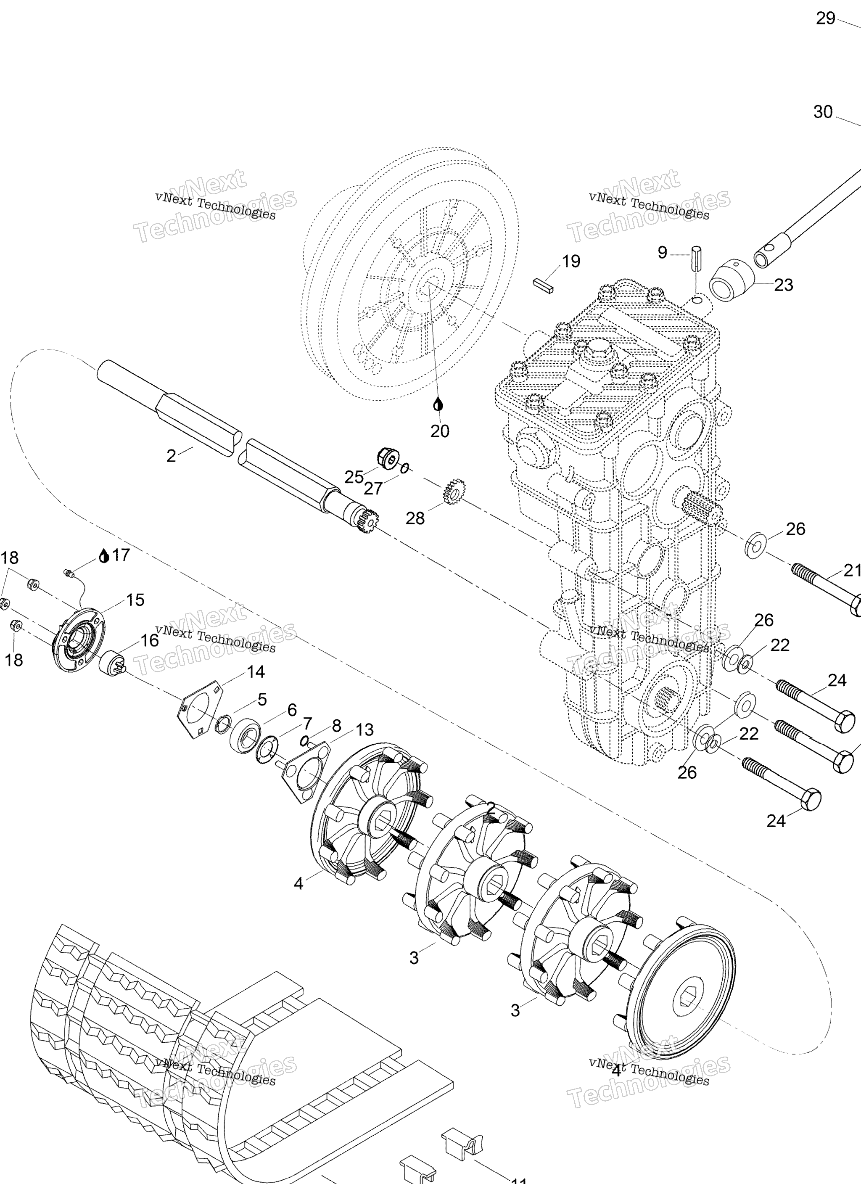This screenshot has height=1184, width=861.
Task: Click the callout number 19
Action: point(570,261)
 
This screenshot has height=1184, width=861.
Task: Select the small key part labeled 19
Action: point(544,285)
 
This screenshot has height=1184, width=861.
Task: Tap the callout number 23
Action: point(783,285)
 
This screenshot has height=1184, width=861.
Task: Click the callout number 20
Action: point(440,431)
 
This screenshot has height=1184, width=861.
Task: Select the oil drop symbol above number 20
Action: point(438,404)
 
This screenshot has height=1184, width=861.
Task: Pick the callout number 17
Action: point(121,555)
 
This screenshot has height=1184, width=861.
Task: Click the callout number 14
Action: point(255,672)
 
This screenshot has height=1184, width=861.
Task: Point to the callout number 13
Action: point(364,730)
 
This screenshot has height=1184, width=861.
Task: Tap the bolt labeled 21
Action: point(825,587)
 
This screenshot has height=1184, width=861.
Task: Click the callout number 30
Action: point(823,112)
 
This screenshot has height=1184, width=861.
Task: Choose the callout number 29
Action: point(826,19)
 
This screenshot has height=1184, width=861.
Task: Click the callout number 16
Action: point(149,640)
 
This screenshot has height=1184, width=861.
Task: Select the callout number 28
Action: point(415,518)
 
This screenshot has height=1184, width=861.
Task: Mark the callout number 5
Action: point(262,700)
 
